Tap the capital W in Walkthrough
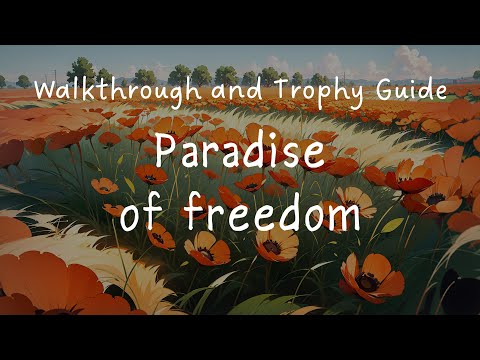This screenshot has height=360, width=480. pyautogui.click(x=45, y=91)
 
